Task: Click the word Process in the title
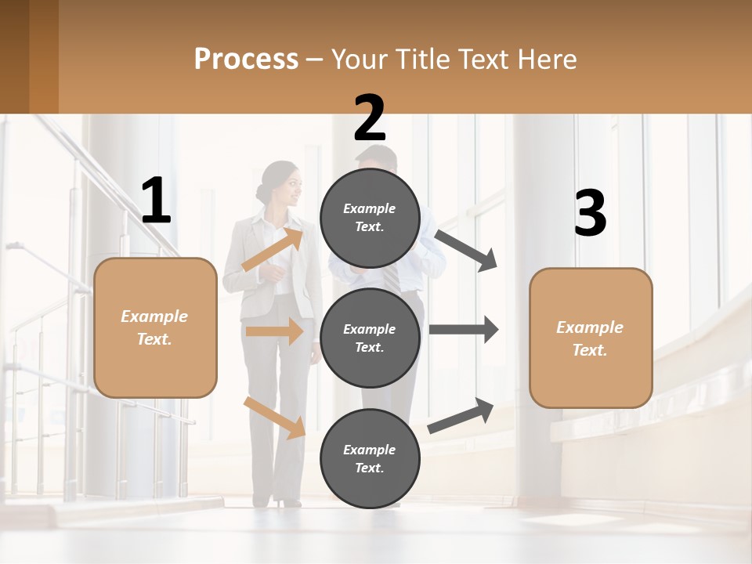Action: pos(246,60)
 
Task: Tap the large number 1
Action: pos(156,201)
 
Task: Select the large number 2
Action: pos(370,118)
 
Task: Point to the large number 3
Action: pos(590,214)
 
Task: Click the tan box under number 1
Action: pos(155,327)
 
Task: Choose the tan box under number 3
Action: pos(591,338)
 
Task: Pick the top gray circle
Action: pos(370,218)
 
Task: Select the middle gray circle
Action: pos(370,338)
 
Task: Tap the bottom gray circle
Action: pos(370,458)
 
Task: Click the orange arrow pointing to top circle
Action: pos(272,248)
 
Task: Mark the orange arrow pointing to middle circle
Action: pos(274,331)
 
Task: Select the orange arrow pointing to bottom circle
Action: pos(274,417)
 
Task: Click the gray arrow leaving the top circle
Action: pos(466,250)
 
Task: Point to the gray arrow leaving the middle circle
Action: pos(463,330)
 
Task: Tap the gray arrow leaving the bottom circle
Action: pos(461,416)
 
